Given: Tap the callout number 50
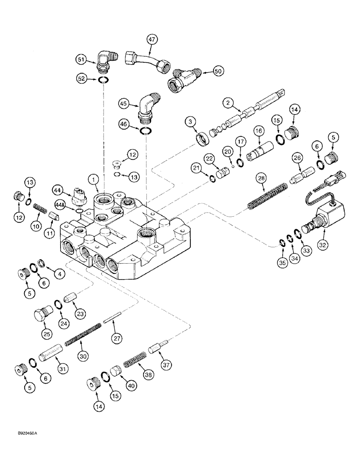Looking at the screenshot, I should [218, 71].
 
